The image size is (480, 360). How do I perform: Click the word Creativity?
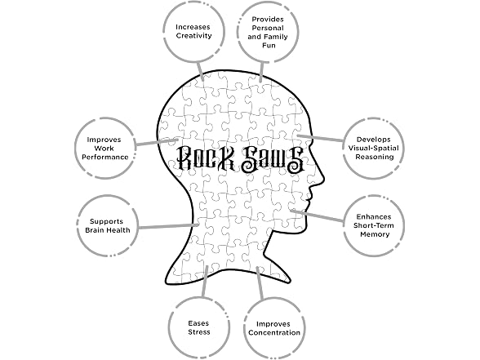point(193,36)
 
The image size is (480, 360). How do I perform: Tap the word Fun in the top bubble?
point(269,46)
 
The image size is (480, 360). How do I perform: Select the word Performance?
point(105,157)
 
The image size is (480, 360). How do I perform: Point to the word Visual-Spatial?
point(374,149)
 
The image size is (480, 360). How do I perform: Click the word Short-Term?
point(374,225)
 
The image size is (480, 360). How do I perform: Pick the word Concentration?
point(274,333)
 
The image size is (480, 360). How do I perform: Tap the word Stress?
point(199,332)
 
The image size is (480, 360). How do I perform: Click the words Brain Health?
point(108,230)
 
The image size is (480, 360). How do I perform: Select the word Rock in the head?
point(205,158)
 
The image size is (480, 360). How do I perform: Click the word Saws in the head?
point(273,159)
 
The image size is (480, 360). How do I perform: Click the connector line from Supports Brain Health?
point(168,226)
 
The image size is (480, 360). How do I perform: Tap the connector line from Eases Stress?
point(204,281)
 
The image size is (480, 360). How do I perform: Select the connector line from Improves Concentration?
point(260,283)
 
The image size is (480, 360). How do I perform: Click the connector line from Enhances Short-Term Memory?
point(318,216)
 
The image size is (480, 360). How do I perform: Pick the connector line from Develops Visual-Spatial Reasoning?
point(321,138)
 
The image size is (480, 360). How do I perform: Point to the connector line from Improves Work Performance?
point(157,142)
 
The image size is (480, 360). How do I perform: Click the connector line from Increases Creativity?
point(201,71)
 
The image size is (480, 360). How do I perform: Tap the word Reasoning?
point(374,157)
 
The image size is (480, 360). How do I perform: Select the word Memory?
point(375,234)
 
